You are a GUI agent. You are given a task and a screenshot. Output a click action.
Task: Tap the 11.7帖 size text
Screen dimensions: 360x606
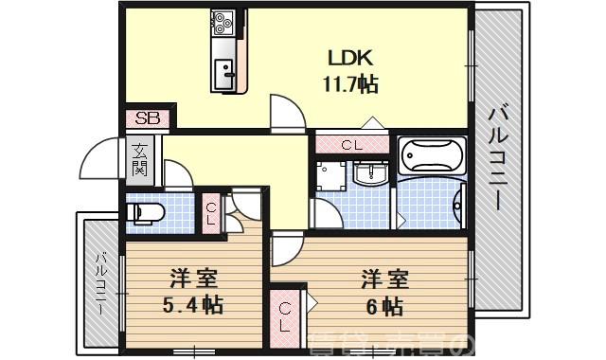pos(349,84)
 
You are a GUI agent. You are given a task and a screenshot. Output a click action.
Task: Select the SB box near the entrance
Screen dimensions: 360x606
pos(148,119)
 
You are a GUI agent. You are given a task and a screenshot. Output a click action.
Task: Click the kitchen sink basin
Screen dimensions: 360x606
pos(226,70)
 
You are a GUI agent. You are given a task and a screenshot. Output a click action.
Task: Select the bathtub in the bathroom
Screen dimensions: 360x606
pos(431,154)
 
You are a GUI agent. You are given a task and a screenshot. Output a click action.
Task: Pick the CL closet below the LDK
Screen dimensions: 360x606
pos(350,145)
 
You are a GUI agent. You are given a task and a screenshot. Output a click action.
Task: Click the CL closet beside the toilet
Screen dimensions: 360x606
pos(209,212)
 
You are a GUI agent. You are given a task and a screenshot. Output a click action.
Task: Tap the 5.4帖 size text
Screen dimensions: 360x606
pos(194,307)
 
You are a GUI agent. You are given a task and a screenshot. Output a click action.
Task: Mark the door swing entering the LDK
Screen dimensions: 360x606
pos(284,112)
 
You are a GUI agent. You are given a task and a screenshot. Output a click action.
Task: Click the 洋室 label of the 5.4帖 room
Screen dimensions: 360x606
pos(194,279)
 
